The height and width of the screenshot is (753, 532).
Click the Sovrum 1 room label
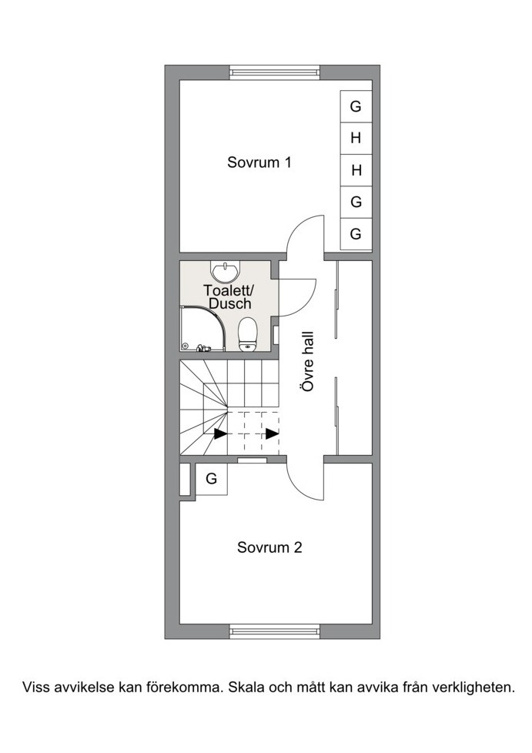259,162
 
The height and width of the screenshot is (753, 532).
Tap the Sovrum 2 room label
269,547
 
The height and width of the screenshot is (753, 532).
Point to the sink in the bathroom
225,273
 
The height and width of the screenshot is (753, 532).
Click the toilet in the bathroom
248,334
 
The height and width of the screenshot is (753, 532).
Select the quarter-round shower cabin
202,329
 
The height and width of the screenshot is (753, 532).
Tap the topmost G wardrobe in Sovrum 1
356,106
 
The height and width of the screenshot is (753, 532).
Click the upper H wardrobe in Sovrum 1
356,139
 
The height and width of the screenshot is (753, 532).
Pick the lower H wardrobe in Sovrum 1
356,170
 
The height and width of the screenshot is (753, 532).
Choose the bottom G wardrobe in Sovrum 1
356,234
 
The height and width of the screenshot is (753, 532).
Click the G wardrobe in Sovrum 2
211,479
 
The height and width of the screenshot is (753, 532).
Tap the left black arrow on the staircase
220,433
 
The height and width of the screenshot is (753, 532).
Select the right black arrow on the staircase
273,433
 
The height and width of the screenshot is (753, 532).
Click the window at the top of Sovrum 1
275,72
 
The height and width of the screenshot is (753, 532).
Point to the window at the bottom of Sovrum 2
275,631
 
